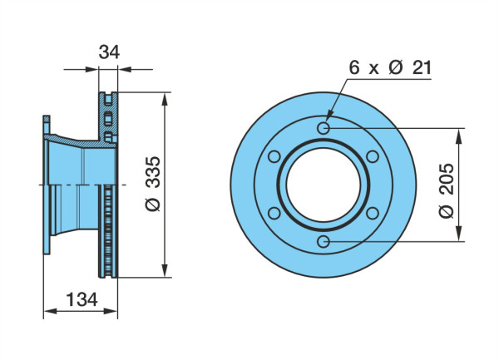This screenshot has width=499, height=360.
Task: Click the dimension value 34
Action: (x=109, y=52)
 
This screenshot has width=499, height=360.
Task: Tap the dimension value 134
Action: (x=82, y=299)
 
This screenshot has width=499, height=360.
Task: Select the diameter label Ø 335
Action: (x=153, y=184)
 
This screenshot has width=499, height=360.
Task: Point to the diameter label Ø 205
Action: (x=446, y=190)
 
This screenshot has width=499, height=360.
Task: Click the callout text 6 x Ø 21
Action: (x=390, y=67)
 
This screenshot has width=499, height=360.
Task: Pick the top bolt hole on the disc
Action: (x=324, y=128)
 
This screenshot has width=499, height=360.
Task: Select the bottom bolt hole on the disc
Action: (x=324, y=242)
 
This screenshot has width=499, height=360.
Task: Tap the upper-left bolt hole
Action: (x=274, y=156)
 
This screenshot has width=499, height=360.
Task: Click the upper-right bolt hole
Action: (x=373, y=156)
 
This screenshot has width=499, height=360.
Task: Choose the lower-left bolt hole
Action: (x=274, y=214)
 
